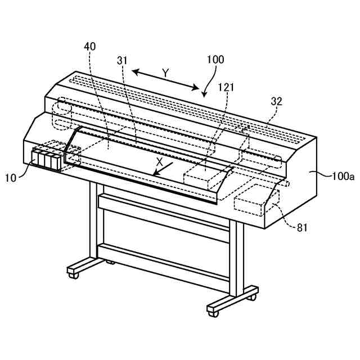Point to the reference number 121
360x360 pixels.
(x=226, y=87)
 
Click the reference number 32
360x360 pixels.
(x=276, y=102)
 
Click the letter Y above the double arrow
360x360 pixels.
(x=165, y=73)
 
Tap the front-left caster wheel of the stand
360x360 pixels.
(x=73, y=273)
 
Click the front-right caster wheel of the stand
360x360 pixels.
(x=213, y=309)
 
